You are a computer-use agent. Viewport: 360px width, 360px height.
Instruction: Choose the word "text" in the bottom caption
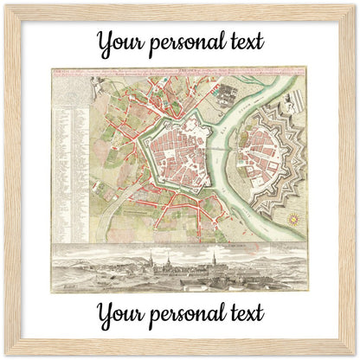click(245, 313)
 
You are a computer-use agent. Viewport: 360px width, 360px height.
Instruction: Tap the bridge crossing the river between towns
click(235, 145)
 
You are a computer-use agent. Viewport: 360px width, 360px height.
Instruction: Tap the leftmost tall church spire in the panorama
click(151, 260)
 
